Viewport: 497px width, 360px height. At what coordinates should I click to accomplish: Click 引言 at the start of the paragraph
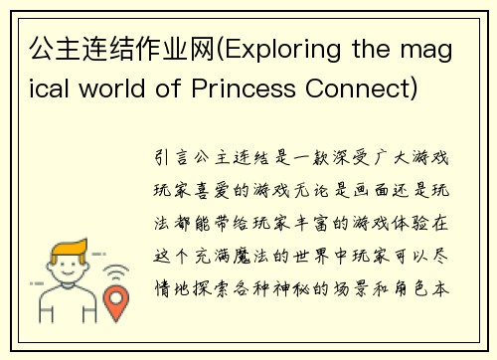pos(167,158)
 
